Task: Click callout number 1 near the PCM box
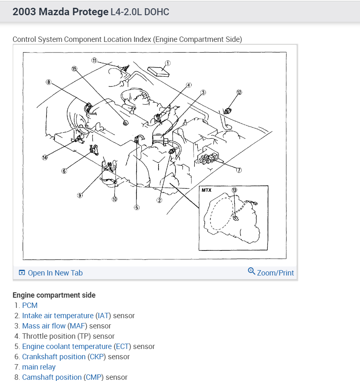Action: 168,63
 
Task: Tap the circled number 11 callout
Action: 94,60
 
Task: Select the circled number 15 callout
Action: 74,69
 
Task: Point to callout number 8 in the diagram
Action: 48,82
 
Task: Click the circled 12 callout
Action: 239,92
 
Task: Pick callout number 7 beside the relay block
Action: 239,170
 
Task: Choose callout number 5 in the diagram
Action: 136,207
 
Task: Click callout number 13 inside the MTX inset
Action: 234,190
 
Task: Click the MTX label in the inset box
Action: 206,190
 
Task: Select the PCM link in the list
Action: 30,305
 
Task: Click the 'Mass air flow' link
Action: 44,326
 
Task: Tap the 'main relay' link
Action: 39,367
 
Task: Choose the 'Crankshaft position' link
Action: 53,357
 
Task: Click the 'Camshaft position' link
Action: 52,377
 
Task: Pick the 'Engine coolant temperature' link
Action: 67,347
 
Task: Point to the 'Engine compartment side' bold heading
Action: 54,295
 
